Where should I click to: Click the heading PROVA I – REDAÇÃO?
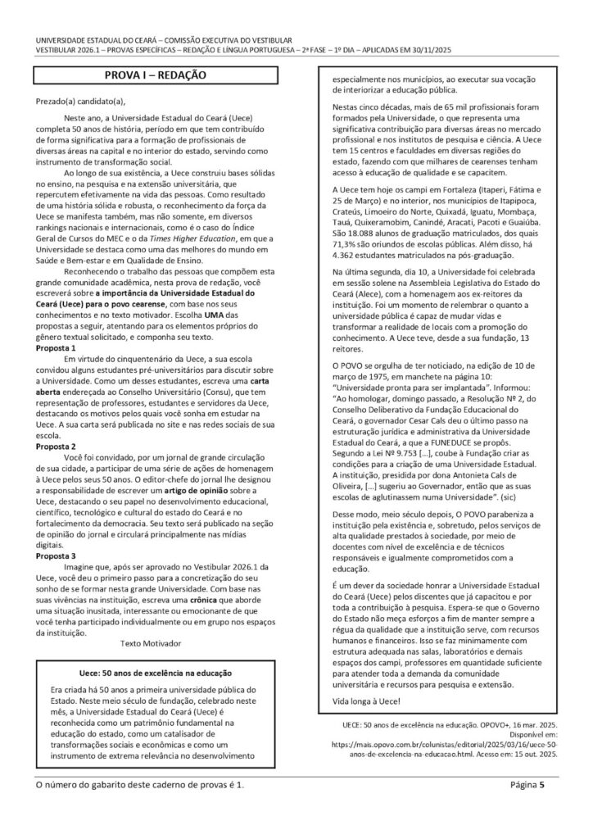(x=155, y=75)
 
